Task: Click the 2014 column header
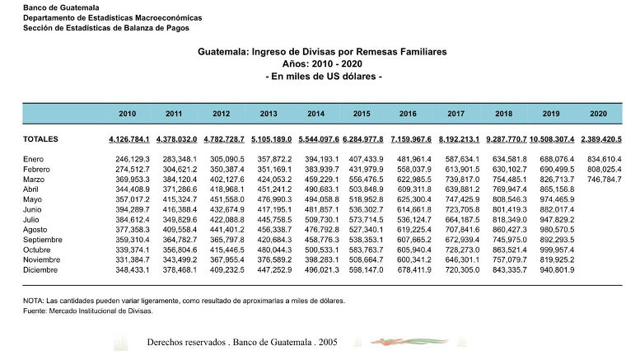pos(315,114)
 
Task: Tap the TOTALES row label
pos(40,139)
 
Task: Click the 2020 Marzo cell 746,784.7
pos(601,179)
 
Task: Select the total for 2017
pos(459,139)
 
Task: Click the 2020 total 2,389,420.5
pos(600,139)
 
